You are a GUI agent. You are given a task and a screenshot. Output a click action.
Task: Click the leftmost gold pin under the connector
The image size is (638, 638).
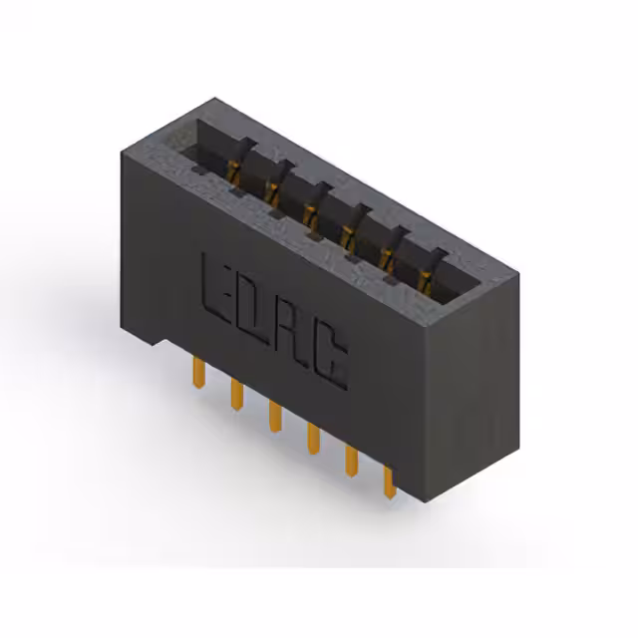pyautogui.click(x=198, y=372)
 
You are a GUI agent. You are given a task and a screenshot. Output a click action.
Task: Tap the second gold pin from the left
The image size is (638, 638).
pyautogui.click(x=237, y=394)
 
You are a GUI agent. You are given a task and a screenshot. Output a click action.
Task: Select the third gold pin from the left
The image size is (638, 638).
pyautogui.click(x=275, y=416)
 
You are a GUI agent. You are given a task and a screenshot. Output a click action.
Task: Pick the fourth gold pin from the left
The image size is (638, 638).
pyautogui.click(x=313, y=439)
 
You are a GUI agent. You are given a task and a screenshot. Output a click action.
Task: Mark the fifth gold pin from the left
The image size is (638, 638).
pyautogui.click(x=352, y=461)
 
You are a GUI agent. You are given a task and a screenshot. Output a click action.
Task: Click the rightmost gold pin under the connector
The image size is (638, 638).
pyautogui.click(x=390, y=482)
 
